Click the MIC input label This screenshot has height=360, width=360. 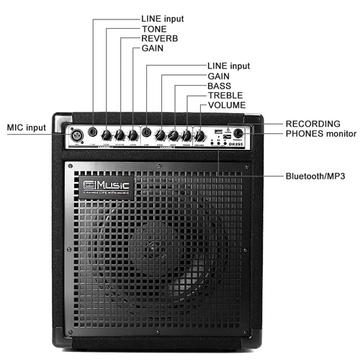click(27, 128)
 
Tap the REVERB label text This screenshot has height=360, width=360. click(158, 38)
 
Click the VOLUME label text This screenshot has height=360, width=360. click(226, 105)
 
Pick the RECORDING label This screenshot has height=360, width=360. click(312, 124)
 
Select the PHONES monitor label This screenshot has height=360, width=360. click(320, 134)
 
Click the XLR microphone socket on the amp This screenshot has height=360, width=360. click(75, 134)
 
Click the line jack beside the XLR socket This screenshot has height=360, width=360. click(93, 133)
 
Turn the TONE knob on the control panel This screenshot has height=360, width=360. click(107, 135)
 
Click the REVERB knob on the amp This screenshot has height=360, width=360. click(120, 135)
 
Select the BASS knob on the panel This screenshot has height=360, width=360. click(174, 135)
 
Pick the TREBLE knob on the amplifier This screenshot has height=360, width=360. click(186, 135)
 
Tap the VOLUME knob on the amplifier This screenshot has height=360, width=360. click(199, 135)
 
